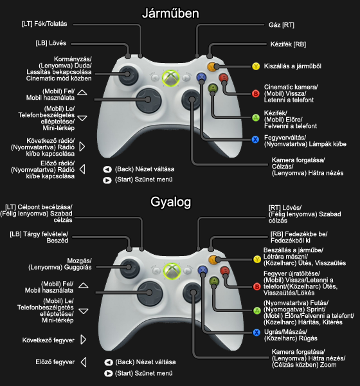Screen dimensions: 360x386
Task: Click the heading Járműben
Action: (x=170, y=14)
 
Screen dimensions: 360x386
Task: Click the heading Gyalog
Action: (x=170, y=203)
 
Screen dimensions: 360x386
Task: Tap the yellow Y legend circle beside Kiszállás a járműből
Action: (x=256, y=66)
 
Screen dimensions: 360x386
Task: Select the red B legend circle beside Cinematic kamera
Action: (x=256, y=93)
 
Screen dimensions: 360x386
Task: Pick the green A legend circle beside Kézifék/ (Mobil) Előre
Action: (x=256, y=118)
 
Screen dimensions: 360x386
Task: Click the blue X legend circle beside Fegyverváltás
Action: (x=255, y=140)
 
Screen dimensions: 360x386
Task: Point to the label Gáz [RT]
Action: (x=282, y=25)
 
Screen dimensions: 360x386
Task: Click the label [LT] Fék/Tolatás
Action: (x=44, y=24)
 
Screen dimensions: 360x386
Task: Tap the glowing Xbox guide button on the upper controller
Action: (x=170, y=78)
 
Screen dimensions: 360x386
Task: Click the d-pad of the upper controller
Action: (x=148, y=100)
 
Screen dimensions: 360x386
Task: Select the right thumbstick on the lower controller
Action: (x=194, y=293)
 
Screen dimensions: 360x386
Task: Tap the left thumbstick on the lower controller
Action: (x=129, y=267)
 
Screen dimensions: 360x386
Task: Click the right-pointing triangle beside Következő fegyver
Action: (x=84, y=340)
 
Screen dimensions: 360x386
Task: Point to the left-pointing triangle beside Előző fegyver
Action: (x=84, y=362)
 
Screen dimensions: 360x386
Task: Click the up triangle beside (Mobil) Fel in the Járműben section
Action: (x=82, y=92)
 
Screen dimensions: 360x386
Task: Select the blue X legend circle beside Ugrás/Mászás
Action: (x=256, y=333)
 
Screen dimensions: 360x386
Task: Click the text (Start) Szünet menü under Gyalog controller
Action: (x=144, y=373)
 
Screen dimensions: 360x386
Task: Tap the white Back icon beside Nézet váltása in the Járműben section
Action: (x=107, y=169)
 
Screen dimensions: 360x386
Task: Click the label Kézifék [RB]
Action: (x=288, y=44)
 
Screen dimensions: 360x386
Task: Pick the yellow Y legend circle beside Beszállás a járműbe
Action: (x=257, y=259)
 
